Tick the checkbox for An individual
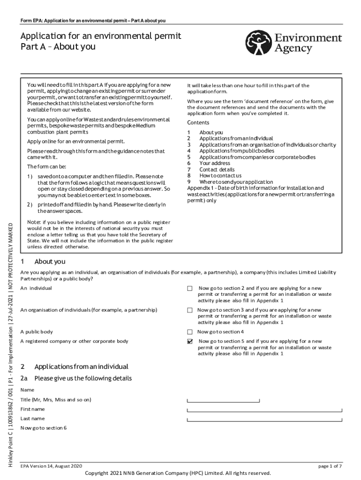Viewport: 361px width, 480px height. pyautogui.click(x=190, y=288)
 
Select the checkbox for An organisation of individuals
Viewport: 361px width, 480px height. pyautogui.click(x=190, y=310)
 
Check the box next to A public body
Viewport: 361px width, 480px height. pyautogui.click(x=190, y=332)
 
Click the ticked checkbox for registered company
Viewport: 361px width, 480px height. pyautogui.click(x=190, y=342)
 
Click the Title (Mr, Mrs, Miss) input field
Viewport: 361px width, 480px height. pyautogui.click(x=223, y=400)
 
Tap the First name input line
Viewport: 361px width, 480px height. pyautogui.click(x=265, y=410)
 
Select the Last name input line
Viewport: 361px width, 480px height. pyautogui.click(x=265, y=419)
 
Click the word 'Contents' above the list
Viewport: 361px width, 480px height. pyautogui.click(x=198, y=123)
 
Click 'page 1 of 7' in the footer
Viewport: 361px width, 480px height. pyautogui.click(x=330, y=465)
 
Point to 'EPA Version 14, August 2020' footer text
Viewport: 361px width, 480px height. pyautogui.click(x=52, y=465)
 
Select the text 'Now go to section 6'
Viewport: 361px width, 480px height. pyautogui.click(x=44, y=428)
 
